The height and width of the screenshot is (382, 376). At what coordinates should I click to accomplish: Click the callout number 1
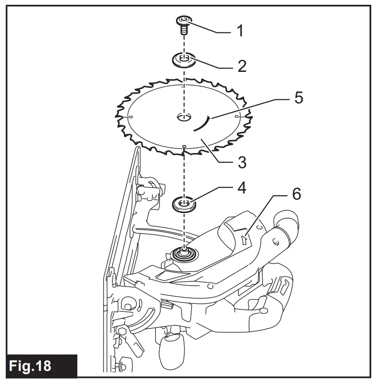240,32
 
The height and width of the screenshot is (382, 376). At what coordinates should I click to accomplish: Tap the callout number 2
242,66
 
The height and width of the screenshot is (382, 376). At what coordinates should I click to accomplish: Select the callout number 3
242,162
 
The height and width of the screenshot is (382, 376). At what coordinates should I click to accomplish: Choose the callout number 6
296,194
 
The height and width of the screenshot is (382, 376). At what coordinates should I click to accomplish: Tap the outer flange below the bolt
184,60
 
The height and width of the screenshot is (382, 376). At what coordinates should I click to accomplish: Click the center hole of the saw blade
183,118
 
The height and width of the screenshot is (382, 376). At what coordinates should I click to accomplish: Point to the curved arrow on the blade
203,123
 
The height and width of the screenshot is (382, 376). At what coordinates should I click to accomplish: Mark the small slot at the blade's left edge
129,117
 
